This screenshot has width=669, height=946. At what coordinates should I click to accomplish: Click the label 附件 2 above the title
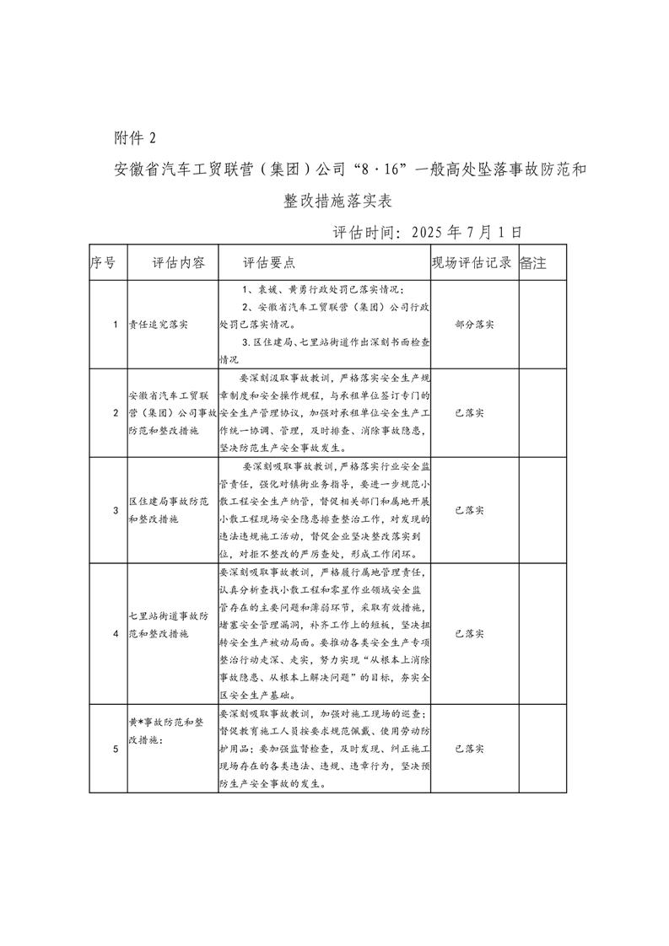(x=134, y=137)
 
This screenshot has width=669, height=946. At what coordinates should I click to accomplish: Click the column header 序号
(x=103, y=262)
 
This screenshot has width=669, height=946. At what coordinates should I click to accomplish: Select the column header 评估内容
(x=178, y=262)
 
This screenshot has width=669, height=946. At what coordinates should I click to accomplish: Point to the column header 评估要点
(x=269, y=262)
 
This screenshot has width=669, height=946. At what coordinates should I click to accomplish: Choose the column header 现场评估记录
(x=472, y=262)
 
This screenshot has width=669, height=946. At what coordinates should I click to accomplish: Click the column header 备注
(x=533, y=262)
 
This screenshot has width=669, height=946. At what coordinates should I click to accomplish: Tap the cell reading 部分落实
(x=472, y=324)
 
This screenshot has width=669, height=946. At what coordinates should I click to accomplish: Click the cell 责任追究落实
(x=158, y=324)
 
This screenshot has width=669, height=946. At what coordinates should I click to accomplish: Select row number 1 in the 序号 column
(x=116, y=324)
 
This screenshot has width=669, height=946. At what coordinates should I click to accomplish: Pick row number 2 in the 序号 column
(x=116, y=412)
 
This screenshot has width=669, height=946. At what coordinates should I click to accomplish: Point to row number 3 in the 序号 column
(x=116, y=510)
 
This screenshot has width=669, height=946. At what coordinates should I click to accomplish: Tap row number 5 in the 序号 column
(x=116, y=747)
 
